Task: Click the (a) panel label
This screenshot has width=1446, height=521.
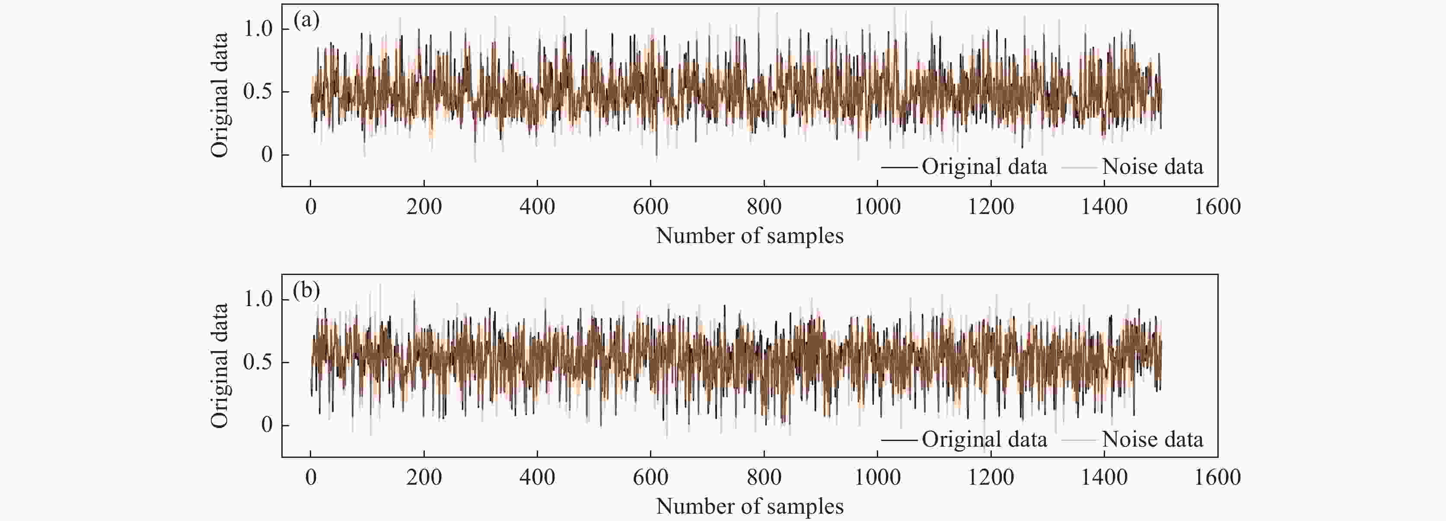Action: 306,21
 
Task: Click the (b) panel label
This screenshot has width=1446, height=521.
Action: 306,291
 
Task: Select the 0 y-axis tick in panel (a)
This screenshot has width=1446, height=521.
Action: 267,154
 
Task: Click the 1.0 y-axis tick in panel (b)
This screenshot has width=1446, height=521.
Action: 258,299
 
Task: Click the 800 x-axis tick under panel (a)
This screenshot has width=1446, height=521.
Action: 764,207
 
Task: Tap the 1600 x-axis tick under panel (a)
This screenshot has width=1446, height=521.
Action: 1217,207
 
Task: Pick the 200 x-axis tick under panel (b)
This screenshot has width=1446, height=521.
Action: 424,477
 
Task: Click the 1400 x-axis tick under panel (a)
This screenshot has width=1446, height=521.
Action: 1104,207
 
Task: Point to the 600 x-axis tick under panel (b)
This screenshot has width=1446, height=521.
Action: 650,477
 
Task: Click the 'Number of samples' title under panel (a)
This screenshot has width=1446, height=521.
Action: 749,236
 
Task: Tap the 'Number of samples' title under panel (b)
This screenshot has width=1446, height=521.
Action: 749,506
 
